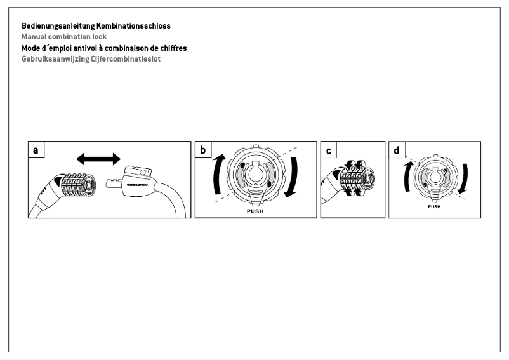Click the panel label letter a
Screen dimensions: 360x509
pyautogui.click(x=36, y=150)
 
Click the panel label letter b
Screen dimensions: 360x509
pyautogui.click(x=203, y=150)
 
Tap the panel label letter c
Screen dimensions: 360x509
pyautogui.click(x=328, y=150)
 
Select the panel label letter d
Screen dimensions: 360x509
pyautogui.click(x=397, y=150)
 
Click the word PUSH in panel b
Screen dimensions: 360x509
pyautogui.click(x=255, y=211)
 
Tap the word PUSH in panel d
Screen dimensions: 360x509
pyautogui.click(x=434, y=207)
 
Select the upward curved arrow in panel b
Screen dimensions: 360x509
pyautogui.click(x=218, y=175)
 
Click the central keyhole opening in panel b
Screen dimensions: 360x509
pyautogui.click(x=255, y=175)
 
